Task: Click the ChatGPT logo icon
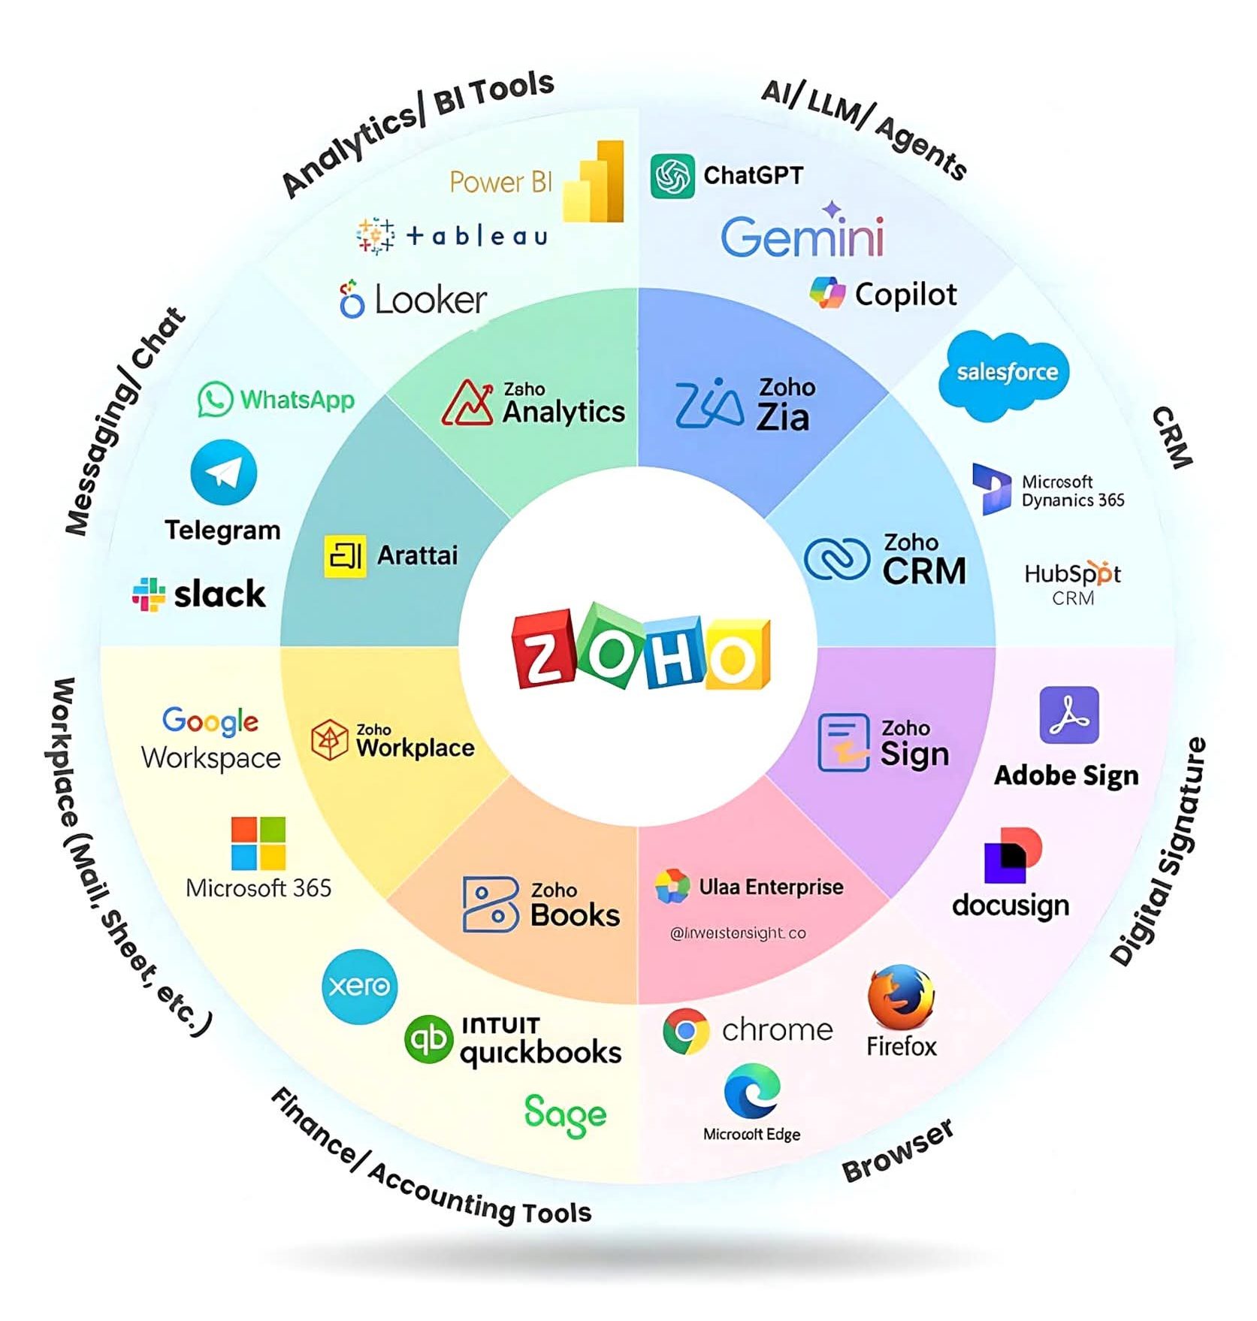[x=672, y=177]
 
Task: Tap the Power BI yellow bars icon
[x=594, y=183]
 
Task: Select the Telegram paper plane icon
[x=223, y=473]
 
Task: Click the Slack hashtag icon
[x=149, y=594]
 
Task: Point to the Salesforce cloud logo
[x=1005, y=373]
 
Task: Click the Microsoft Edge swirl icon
[x=751, y=1091]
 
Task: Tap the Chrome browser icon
[x=685, y=1030]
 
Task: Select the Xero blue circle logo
[x=359, y=986]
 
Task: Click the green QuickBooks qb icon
[x=428, y=1039]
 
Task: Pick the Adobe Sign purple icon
[x=1068, y=715]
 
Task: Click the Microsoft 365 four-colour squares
[x=258, y=843]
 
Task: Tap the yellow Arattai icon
[x=345, y=556]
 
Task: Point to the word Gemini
[x=802, y=237]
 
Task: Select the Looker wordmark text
[x=431, y=301]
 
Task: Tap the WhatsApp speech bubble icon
[x=215, y=399]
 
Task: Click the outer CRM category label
[x=1172, y=438]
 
